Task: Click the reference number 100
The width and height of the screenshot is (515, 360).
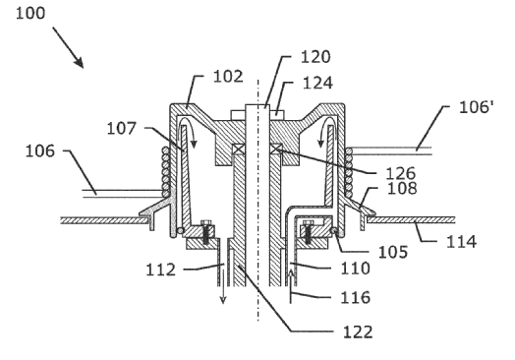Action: point(30,14)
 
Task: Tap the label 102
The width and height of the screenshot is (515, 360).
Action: point(228,77)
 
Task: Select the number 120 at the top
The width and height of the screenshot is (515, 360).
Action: point(315,57)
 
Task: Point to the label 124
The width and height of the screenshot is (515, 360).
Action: point(317,83)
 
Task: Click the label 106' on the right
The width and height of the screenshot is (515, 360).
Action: point(477,107)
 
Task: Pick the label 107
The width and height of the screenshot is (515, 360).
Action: point(122,128)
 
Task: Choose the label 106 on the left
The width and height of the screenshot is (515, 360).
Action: point(40,151)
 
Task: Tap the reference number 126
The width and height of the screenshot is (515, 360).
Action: point(401,173)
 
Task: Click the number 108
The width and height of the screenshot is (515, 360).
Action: point(402,189)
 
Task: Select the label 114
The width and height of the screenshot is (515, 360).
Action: point(461,242)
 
